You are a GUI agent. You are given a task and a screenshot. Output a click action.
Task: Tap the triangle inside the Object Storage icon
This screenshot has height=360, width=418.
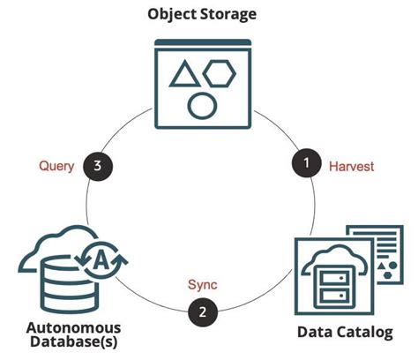tap(183, 76)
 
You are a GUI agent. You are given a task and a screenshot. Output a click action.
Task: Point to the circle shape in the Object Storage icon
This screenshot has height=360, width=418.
tap(202, 106)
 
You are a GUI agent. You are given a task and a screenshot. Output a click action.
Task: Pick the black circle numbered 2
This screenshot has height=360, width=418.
tap(202, 311)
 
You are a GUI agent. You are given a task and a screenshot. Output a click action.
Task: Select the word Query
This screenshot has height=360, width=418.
tap(56, 165)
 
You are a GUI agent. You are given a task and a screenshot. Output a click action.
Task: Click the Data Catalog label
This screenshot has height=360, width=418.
tap(342, 334)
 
